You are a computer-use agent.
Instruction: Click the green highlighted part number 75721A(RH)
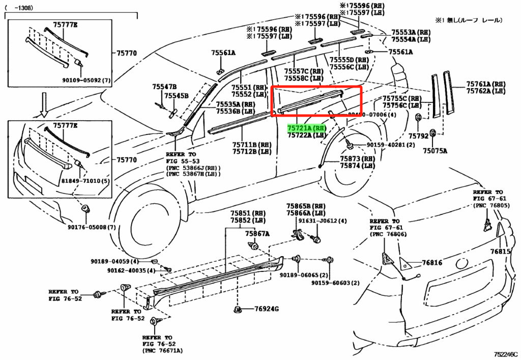point(306,128)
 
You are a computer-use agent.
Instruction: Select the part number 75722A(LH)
point(306,135)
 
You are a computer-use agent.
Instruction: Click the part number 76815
point(500,252)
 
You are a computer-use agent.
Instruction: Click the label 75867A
point(257,234)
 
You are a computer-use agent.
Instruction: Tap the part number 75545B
point(177,96)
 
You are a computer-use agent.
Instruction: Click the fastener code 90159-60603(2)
point(336,283)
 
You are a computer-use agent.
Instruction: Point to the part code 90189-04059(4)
point(114,262)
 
